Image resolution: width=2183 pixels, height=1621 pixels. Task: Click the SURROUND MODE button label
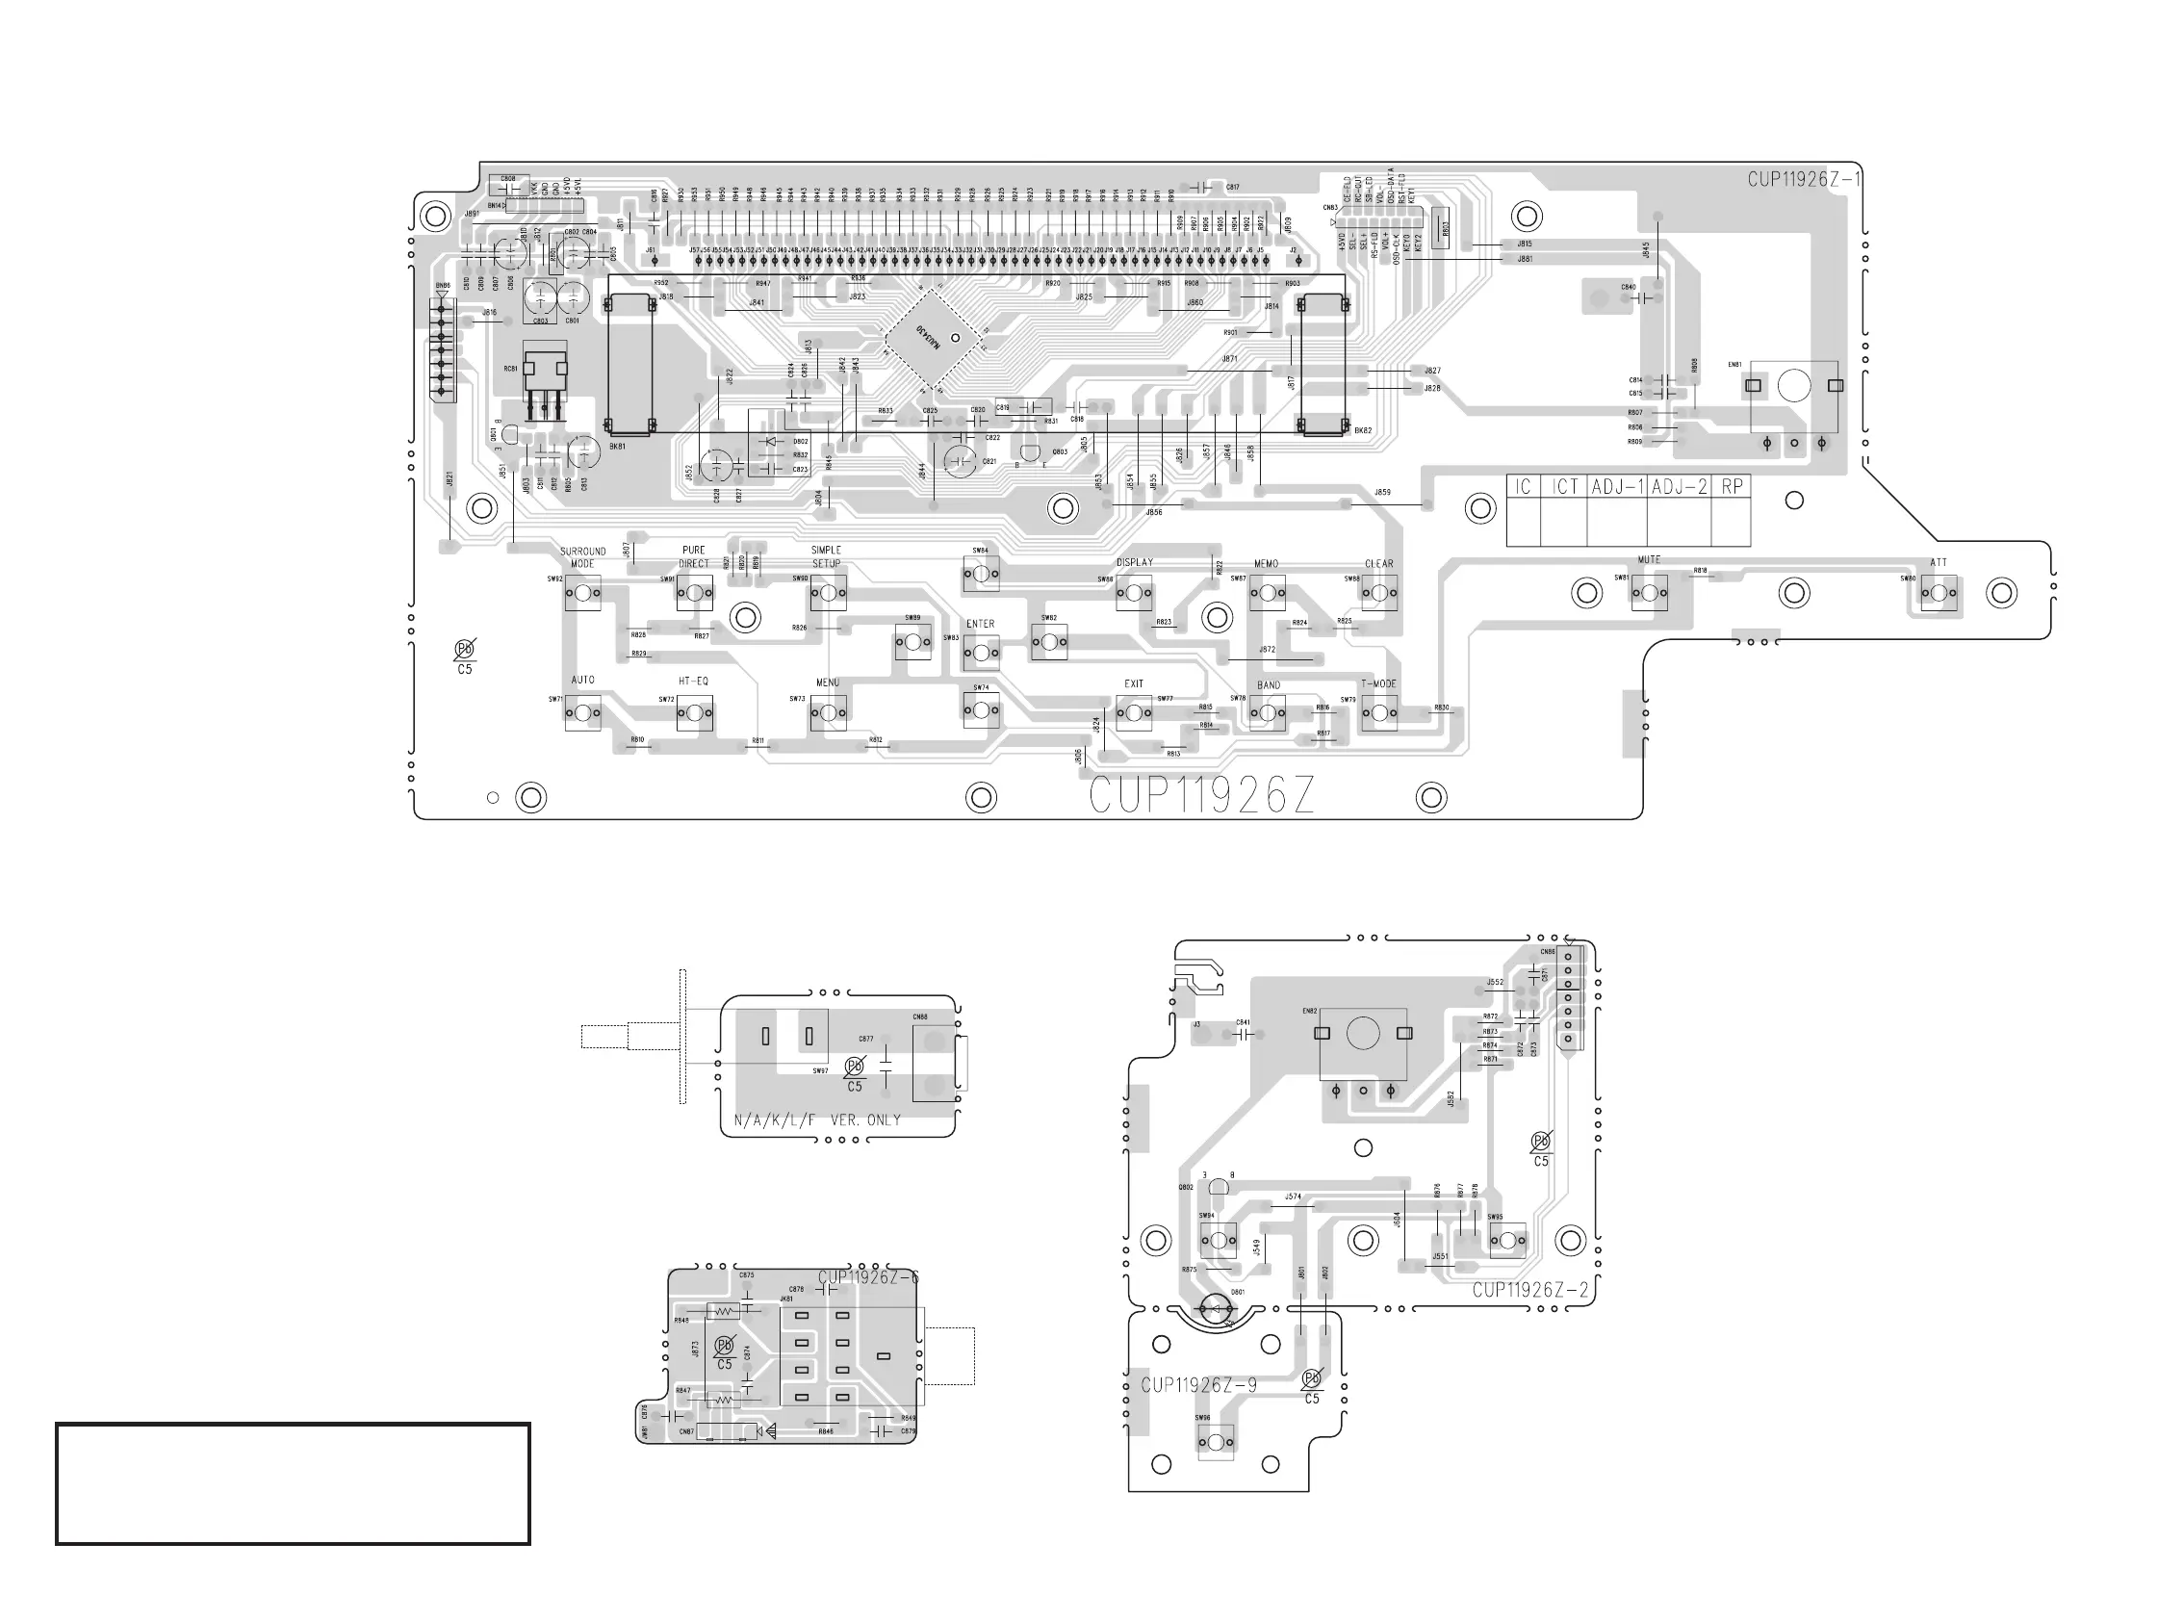click(582, 557)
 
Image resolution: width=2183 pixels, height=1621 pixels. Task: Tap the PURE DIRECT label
click(694, 557)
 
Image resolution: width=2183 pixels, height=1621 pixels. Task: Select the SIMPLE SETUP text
click(826, 556)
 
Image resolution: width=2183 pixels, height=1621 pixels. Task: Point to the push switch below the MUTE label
click(1649, 593)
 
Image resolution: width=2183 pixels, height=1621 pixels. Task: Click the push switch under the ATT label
click(1939, 593)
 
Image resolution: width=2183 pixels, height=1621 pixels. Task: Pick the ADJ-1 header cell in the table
click(1617, 487)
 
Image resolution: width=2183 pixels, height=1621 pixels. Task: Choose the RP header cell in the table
click(1732, 487)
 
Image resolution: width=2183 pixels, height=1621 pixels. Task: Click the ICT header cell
click(1564, 487)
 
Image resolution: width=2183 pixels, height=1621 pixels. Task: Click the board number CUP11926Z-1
click(1804, 180)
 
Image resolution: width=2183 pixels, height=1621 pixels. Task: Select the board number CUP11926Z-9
click(1198, 1385)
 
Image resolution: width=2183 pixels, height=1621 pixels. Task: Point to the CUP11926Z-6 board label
click(868, 1277)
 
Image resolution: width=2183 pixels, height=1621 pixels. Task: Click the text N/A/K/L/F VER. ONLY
click(817, 1120)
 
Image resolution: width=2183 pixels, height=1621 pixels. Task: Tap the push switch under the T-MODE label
click(1379, 713)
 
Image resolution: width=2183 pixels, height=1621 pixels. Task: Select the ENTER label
click(980, 624)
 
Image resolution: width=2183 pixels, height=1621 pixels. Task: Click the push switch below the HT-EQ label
click(694, 713)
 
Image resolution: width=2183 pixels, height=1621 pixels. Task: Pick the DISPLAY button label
click(1134, 562)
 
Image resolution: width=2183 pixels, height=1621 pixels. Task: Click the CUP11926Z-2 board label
click(1529, 1290)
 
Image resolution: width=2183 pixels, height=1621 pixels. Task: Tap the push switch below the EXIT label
click(1134, 713)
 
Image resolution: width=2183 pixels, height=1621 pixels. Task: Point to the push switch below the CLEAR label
click(1379, 593)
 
